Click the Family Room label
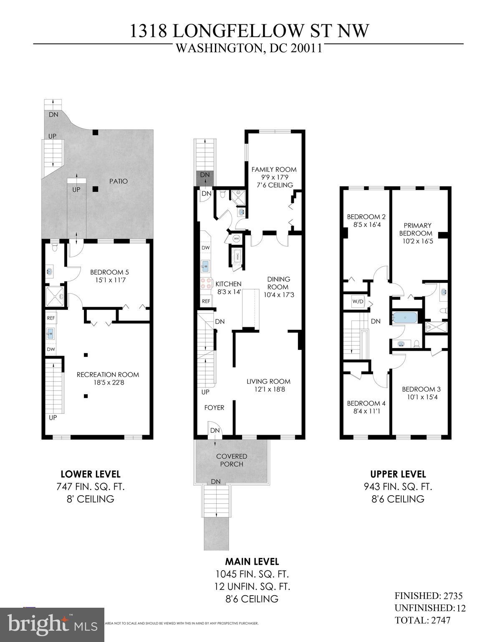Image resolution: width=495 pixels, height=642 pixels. (274, 169)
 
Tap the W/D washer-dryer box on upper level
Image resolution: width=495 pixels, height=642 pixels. (358, 301)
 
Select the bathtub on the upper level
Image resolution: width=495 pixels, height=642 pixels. (404, 318)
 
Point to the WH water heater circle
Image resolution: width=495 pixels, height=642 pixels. (236, 239)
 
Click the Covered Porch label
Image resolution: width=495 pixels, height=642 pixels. (232, 460)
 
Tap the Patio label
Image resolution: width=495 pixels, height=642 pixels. (119, 181)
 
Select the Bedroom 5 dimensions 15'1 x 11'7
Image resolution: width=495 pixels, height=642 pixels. (107, 280)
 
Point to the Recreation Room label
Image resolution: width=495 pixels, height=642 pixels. (108, 374)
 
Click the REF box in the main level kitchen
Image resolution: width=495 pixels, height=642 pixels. (206, 301)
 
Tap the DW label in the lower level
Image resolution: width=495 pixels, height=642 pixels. (51, 349)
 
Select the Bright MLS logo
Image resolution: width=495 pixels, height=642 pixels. (52, 624)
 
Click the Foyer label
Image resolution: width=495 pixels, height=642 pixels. (214, 408)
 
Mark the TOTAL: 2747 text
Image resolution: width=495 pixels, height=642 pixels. (422, 620)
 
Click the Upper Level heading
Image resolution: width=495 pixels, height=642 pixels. (398, 474)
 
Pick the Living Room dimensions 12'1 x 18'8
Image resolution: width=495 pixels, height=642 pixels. (268, 389)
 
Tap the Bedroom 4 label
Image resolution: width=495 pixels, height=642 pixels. (366, 403)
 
